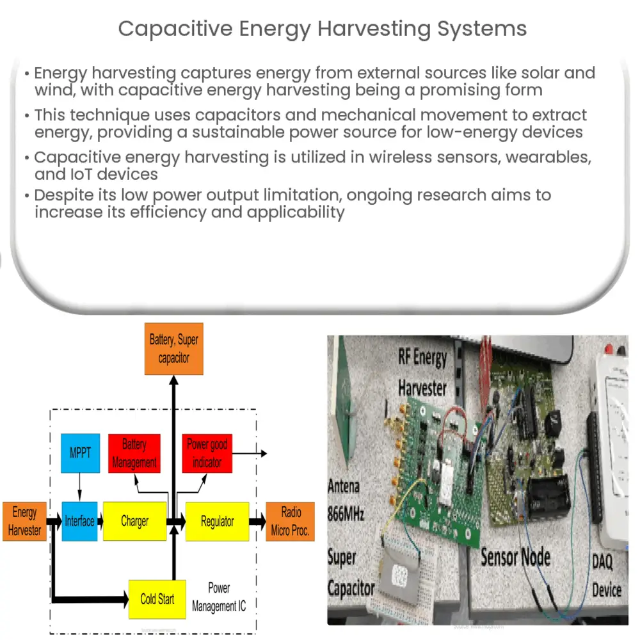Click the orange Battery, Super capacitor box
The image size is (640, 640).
click(173, 349)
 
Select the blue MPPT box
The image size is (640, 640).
click(80, 453)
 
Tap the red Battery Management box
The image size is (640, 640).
click(134, 453)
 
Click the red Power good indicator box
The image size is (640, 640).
click(207, 453)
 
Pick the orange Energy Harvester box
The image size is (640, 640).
click(24, 521)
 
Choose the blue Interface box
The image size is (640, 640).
click(79, 521)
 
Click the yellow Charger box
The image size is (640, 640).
click(134, 521)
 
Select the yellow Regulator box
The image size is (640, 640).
click(217, 521)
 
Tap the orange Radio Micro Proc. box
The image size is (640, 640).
click(290, 521)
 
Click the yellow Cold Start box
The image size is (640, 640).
click(157, 599)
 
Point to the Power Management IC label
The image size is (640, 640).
click(219, 597)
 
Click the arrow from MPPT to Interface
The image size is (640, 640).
click(79, 487)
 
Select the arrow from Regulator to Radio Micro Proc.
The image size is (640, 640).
click(257, 522)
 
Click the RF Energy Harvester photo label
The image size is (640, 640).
click(422, 372)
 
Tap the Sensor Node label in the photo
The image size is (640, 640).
click(515, 556)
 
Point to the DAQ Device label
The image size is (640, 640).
click(605, 575)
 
